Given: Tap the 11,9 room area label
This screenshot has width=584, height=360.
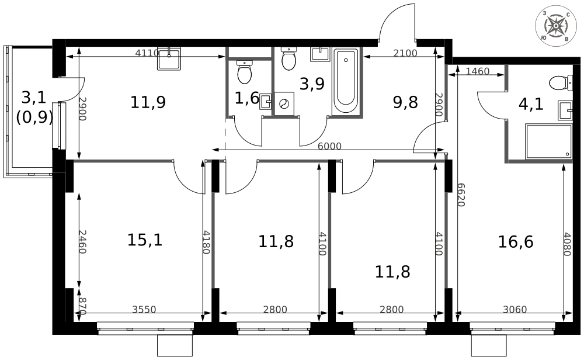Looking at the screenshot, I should [148, 103].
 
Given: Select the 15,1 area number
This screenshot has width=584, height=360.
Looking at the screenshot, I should [144, 240].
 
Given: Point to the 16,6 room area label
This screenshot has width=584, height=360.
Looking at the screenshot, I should [516, 241].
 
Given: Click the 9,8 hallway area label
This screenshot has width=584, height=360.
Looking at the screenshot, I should [405, 103].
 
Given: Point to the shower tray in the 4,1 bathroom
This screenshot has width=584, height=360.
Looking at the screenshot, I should [548, 141].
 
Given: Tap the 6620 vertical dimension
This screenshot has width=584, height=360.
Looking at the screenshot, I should [461, 193].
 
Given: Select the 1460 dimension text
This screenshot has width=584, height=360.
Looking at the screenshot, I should [478, 72].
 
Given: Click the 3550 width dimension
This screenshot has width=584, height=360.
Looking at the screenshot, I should [144, 310].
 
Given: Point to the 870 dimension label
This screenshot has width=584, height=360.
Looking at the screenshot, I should [82, 306].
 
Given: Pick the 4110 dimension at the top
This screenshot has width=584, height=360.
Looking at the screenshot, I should [147, 53].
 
